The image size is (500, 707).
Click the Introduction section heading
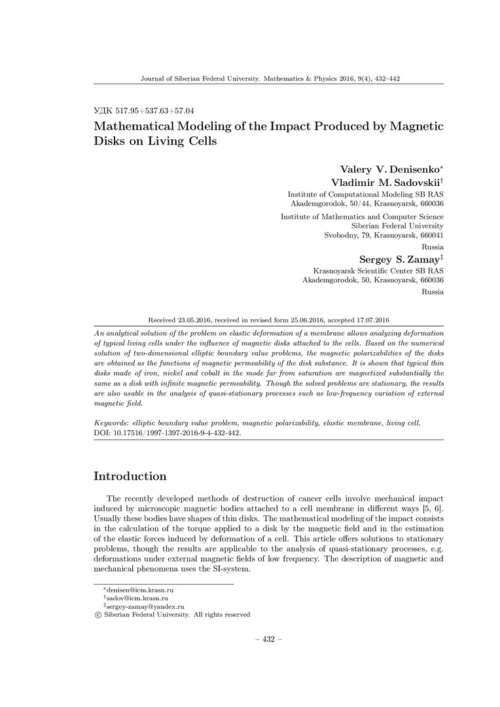[130, 476]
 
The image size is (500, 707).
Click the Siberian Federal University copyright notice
[172, 615]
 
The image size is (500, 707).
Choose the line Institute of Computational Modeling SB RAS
[365, 195]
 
